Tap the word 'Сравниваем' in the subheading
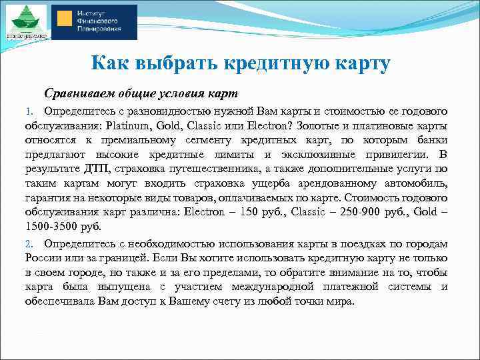(77, 91)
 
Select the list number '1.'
(29, 110)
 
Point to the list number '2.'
(29, 244)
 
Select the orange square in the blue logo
(65, 22)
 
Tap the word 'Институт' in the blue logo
(91, 13)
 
